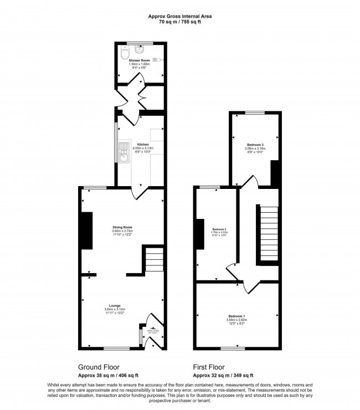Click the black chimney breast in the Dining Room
pyautogui.click(x=86, y=232)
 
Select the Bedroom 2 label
pyautogui.click(x=220, y=229)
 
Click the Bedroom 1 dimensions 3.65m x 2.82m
pyautogui.click(x=236, y=320)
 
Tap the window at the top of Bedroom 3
pyautogui.click(x=255, y=113)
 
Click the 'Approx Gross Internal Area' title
pyautogui.click(x=179, y=17)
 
